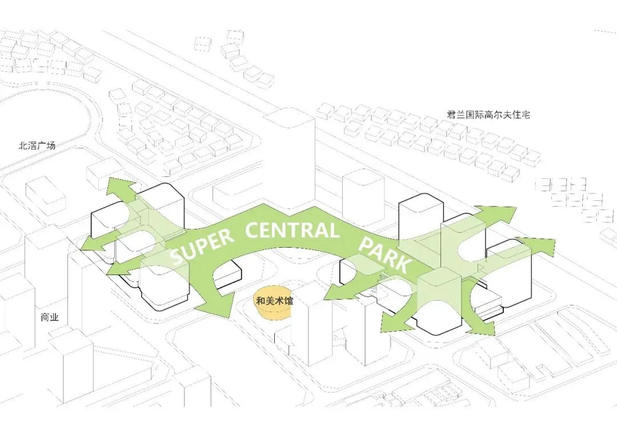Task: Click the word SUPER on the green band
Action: tap(202, 247)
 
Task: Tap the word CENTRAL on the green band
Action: tap(292, 231)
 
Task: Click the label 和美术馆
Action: tap(274, 300)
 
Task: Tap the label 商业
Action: tap(50, 318)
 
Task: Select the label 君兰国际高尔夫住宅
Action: tap(488, 114)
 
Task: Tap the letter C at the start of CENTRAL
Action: tap(253, 232)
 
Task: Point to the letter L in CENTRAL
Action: tap(333, 230)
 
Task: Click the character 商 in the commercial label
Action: tap(45, 318)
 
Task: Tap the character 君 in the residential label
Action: tap(452, 114)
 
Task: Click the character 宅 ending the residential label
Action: tap(526, 114)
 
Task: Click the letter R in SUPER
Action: tap(227, 237)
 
